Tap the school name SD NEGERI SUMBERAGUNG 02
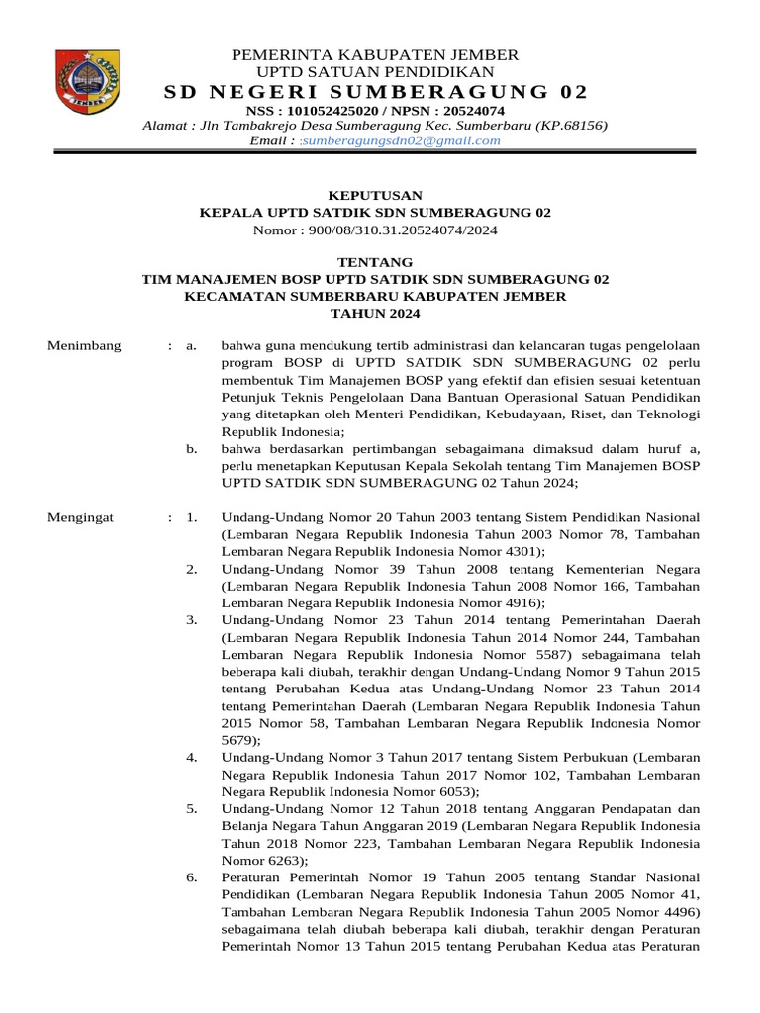(375, 93)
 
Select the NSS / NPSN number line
(375, 111)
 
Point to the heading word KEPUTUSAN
(375, 195)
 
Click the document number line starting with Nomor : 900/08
(375, 230)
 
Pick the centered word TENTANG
(375, 262)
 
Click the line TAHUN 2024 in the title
(375, 314)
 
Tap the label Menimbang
(85, 345)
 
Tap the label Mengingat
(82, 517)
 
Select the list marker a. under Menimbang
(192, 345)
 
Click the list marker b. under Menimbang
(192, 448)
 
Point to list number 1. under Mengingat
(192, 517)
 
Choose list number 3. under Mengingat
(192, 620)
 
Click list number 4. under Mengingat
(192, 757)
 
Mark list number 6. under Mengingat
(192, 877)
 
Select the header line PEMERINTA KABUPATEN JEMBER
(375, 54)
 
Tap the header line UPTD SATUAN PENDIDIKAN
(375, 72)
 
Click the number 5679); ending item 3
(242, 739)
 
